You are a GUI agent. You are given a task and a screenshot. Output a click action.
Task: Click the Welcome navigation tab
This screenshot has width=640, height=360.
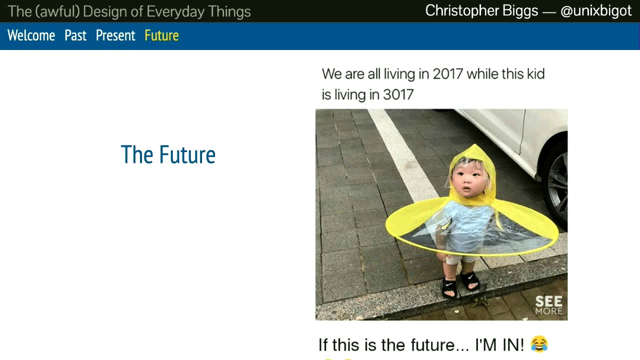click(x=31, y=35)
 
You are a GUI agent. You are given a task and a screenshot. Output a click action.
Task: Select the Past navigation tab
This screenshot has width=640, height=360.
click(x=75, y=35)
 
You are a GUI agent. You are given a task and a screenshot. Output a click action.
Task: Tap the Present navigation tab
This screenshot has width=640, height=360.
click(x=115, y=35)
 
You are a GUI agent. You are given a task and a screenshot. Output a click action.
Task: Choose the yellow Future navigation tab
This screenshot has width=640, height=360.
click(x=161, y=35)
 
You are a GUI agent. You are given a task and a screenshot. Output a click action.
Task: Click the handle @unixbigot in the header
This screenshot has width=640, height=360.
click(x=596, y=11)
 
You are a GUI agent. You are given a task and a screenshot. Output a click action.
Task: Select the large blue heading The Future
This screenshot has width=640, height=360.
click(x=168, y=154)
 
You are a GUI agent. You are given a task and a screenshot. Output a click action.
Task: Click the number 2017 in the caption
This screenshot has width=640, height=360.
click(x=447, y=74)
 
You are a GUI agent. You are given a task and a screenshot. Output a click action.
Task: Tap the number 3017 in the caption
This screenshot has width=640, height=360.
click(x=398, y=94)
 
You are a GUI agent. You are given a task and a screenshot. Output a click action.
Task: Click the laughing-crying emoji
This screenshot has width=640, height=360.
click(x=539, y=343)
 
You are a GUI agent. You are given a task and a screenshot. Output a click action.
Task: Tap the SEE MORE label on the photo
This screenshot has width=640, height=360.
click(x=549, y=305)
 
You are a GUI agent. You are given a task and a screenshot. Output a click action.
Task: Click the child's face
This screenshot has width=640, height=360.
click(x=468, y=181)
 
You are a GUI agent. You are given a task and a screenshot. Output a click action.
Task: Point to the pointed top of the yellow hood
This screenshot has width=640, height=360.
click(x=475, y=145)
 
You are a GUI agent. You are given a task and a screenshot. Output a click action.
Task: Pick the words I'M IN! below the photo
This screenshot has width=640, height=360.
click(x=499, y=345)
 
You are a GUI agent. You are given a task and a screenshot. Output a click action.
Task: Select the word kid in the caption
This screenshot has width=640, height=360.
click(x=536, y=74)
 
